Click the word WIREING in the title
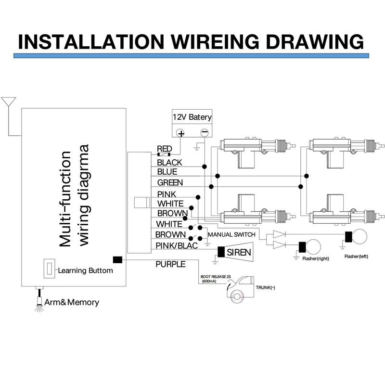click(215, 41)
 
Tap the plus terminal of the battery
click(181, 133)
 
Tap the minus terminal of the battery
click(204, 133)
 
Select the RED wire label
click(164, 149)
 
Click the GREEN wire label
click(170, 183)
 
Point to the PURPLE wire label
click(170, 264)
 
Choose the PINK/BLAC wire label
click(177, 245)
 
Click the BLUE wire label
click(167, 172)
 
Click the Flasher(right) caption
click(316, 258)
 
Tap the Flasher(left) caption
click(356, 257)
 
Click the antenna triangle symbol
click(9, 102)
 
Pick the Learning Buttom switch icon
click(49, 269)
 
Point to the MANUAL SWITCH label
click(231, 235)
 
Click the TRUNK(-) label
click(266, 287)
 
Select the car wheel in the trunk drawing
click(237, 296)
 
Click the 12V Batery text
click(192, 117)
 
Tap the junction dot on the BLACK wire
click(204, 167)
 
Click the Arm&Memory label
click(72, 302)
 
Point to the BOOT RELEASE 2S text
click(216, 277)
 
